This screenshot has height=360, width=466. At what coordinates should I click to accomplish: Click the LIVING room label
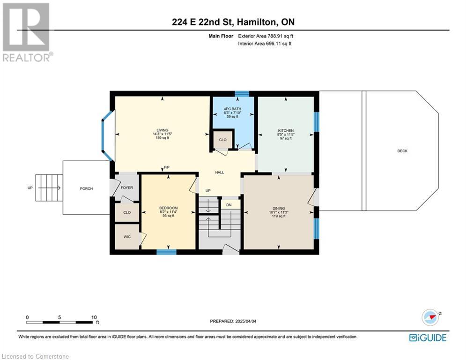(162, 130)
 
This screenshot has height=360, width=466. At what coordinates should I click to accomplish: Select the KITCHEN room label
(286, 131)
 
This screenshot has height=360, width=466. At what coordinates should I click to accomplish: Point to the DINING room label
(279, 208)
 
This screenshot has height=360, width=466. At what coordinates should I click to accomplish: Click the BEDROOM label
(169, 208)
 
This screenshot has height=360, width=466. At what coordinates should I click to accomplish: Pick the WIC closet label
(127, 237)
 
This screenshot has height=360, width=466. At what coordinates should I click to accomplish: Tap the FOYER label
(127, 188)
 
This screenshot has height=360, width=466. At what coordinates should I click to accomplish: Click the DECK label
(402, 151)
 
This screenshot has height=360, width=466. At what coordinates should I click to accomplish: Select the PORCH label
(87, 188)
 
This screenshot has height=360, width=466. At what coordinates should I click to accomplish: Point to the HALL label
(220, 172)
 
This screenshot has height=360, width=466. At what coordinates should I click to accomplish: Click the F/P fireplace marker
(167, 167)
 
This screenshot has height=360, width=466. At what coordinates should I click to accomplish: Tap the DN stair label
(229, 205)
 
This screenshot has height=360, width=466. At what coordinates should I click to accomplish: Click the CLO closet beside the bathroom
(222, 140)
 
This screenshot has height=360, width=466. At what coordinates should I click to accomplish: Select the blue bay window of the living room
(106, 136)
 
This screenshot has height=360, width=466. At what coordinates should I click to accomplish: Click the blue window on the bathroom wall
(242, 94)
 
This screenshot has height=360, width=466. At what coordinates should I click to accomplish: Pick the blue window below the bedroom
(166, 252)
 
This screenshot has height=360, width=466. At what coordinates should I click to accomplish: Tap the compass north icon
(430, 317)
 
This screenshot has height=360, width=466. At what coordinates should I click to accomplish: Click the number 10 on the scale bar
(94, 317)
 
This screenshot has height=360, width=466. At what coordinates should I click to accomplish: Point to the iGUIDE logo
(428, 337)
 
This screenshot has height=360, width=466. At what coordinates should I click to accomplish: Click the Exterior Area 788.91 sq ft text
(266, 36)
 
